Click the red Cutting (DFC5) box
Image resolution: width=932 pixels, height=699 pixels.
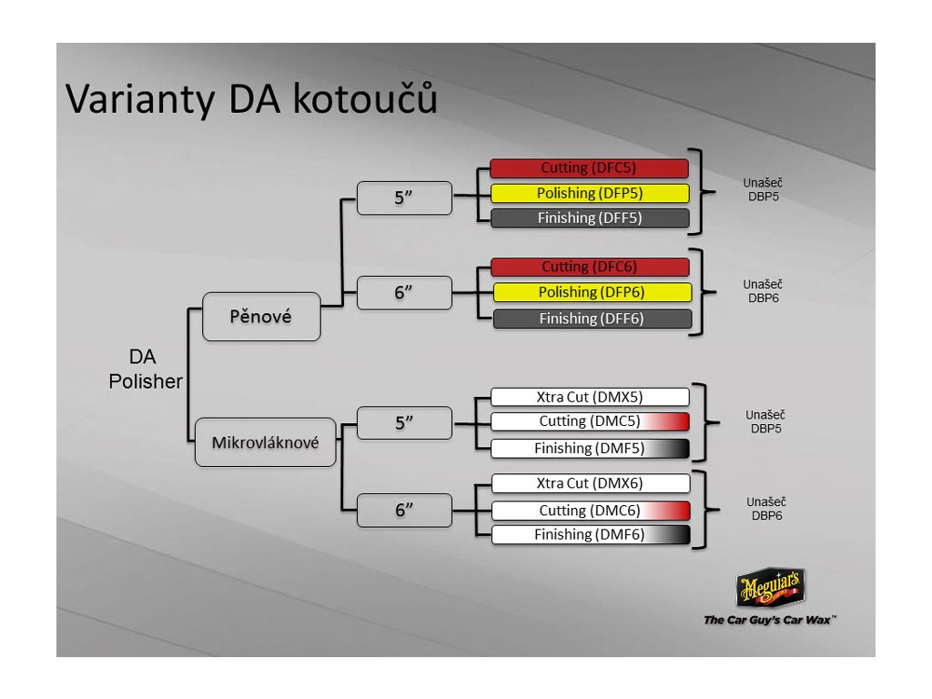(x=589, y=168)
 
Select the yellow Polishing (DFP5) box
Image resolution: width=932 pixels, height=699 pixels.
(x=589, y=193)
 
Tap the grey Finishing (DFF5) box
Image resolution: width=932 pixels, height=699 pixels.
(x=589, y=218)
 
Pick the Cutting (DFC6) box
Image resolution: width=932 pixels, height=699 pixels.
(x=590, y=267)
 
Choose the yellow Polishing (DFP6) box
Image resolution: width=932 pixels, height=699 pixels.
(x=593, y=292)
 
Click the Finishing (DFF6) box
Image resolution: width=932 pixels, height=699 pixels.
(x=592, y=319)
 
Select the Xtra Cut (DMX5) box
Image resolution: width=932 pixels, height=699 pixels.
(x=590, y=397)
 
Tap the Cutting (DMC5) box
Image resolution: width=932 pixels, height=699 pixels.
(x=590, y=421)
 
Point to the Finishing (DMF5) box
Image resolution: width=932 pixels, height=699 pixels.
(x=590, y=448)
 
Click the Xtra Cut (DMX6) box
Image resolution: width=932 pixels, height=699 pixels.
(x=590, y=483)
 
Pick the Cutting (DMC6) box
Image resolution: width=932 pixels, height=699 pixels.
(x=590, y=511)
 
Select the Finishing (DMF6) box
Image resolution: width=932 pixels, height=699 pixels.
(x=590, y=535)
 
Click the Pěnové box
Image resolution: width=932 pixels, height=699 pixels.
(x=261, y=317)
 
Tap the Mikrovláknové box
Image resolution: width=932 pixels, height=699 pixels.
(x=266, y=442)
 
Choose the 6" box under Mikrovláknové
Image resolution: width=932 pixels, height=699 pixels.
(x=404, y=510)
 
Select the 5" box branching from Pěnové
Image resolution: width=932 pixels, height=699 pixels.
(x=404, y=198)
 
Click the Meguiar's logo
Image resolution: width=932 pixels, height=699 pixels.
(x=770, y=588)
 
